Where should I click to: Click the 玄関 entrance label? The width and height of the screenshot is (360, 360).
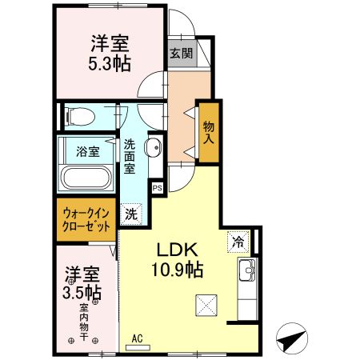181,54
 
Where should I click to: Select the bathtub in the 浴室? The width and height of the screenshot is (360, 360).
86,178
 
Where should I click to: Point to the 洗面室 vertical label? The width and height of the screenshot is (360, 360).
129,158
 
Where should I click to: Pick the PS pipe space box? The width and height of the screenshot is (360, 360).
158,187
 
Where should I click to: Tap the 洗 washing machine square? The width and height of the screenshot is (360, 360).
130,214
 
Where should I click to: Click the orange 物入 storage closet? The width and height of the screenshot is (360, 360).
209,132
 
